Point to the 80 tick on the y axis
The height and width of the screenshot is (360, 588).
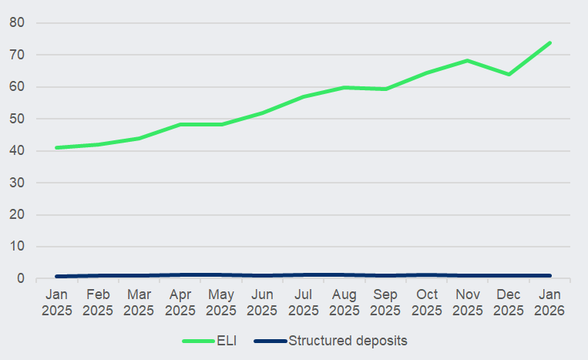[x=18, y=23]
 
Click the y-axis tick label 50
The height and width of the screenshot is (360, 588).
[x=18, y=119]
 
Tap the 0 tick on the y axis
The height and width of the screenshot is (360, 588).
[x=22, y=278]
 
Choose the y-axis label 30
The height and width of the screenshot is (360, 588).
[x=18, y=183]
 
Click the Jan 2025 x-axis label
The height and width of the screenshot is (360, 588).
[x=56, y=302]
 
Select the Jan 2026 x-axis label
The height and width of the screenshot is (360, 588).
[x=549, y=302]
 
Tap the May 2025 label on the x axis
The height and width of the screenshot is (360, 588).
[x=221, y=302]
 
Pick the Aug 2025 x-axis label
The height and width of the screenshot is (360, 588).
[x=344, y=302]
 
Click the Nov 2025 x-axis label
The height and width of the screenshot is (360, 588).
[x=468, y=302]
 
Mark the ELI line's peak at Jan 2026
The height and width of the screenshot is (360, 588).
[x=549, y=43]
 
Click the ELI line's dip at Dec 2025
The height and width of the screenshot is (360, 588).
[x=509, y=74]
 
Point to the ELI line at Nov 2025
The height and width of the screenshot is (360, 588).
[x=468, y=60]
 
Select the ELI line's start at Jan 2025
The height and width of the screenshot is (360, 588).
[x=56, y=147]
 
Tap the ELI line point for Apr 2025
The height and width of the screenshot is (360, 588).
[x=180, y=124]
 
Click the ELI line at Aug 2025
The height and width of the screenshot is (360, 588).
[x=344, y=87]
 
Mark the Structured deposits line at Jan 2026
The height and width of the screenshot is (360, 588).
[x=549, y=275]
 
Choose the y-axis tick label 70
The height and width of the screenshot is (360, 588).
[x=18, y=55]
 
